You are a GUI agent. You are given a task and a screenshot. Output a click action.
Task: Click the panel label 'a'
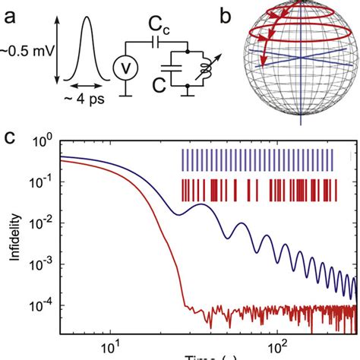pos(11,13)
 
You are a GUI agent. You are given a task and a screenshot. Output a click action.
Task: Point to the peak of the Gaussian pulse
pos(86,23)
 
